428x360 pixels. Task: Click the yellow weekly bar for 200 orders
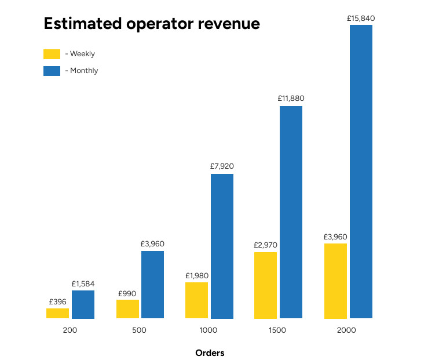[57, 313]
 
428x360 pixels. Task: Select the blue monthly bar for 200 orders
[83, 304]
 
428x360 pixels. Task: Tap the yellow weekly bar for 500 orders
[127, 309]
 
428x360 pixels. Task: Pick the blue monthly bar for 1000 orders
[222, 246]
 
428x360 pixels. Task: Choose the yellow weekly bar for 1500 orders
[265, 285]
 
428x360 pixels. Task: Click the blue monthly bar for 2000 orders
[361, 172]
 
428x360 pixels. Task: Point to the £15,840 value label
[361, 19]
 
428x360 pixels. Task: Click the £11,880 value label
[291, 99]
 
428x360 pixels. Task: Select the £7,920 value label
[222, 166]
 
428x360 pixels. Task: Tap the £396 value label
[57, 301]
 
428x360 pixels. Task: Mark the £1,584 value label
[83, 283]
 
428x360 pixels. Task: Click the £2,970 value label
[265, 245]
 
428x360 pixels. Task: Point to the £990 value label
[127, 293]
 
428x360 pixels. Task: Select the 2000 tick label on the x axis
[347, 330]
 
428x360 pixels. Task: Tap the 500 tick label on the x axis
[139, 330]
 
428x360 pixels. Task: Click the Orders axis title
[210, 352]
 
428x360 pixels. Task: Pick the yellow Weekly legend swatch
[52, 54]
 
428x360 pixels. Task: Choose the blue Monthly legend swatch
[52, 71]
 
